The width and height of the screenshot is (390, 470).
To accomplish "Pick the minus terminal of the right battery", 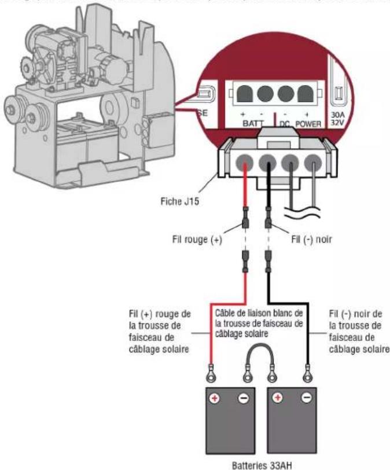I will [x=307, y=400].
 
